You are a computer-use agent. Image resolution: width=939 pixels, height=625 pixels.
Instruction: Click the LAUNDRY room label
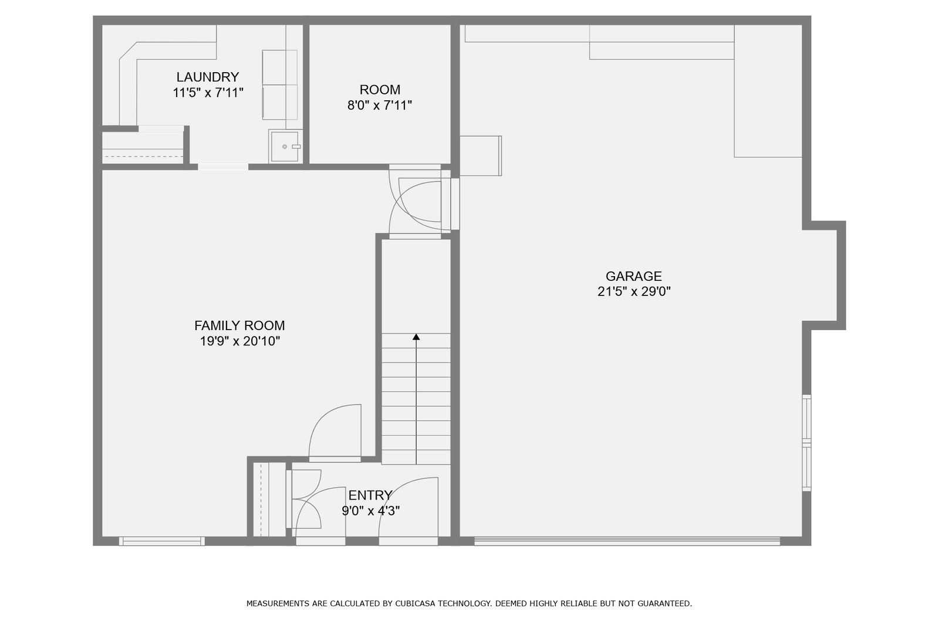tap(208, 77)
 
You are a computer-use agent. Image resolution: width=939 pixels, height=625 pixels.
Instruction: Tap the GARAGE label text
tap(633, 276)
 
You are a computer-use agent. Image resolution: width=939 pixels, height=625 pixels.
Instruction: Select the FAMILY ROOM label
tap(239, 325)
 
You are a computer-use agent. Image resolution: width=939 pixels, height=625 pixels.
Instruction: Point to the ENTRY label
tap(370, 495)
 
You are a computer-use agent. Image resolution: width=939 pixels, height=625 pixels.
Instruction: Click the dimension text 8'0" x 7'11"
tap(379, 105)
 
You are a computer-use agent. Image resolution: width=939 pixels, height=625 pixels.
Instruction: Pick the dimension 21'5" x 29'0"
tap(634, 291)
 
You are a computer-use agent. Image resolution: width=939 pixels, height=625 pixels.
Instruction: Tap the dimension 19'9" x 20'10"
tap(240, 341)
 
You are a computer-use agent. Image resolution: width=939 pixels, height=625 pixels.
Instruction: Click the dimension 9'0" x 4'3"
tap(370, 511)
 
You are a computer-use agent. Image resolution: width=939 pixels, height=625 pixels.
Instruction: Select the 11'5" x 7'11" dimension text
tap(208, 93)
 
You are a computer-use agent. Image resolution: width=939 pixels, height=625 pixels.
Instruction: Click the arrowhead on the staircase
tap(416, 337)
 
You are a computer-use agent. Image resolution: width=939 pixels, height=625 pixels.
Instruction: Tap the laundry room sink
tap(285, 147)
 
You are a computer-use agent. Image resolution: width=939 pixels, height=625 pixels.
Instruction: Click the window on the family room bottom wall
tap(162, 541)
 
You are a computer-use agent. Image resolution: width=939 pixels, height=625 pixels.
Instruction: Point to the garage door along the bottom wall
tap(627, 541)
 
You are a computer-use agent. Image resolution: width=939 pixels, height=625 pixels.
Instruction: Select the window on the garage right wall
tap(806, 443)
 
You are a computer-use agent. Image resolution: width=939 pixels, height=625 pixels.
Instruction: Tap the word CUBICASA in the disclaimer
tap(414, 604)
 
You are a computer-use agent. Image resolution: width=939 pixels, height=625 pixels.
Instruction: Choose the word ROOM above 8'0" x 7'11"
tap(380, 90)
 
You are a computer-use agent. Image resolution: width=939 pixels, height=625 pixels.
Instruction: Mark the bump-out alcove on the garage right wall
tap(824, 275)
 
